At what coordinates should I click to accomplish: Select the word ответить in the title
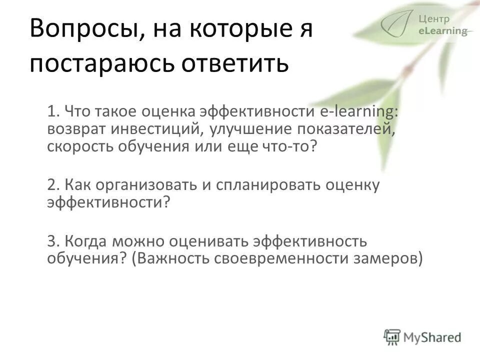tap(234, 65)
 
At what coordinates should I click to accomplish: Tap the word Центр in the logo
tap(434, 19)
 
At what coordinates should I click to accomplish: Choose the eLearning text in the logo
tap(442, 31)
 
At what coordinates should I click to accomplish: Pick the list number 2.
tap(52, 185)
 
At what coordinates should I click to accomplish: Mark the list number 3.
tap(52, 241)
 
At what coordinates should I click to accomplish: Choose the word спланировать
tap(268, 185)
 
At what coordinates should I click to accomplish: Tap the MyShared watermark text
tap(432, 336)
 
